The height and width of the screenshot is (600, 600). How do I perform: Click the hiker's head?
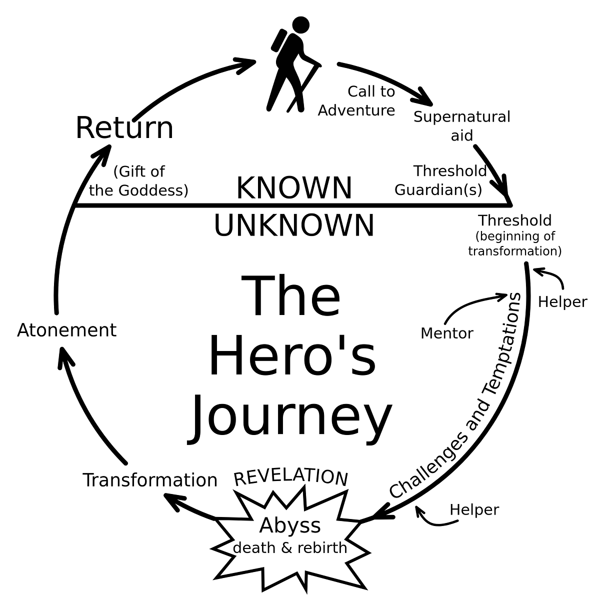(x=300, y=25)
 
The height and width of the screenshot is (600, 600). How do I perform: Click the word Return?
(x=124, y=128)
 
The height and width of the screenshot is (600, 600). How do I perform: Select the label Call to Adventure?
(x=357, y=100)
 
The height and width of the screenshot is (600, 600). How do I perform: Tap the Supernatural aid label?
(x=461, y=125)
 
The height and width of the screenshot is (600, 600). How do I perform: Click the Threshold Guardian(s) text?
(x=440, y=180)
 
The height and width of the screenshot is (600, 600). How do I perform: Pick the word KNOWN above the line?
(x=294, y=188)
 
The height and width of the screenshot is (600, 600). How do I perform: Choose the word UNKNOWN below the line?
(x=294, y=225)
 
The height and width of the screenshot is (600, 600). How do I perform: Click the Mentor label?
(x=446, y=333)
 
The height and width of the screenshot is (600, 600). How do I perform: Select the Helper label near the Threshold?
(x=562, y=302)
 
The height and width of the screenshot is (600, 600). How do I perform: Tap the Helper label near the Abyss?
(x=474, y=509)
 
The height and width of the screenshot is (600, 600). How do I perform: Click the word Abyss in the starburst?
(x=290, y=525)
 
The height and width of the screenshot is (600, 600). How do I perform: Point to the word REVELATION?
(x=290, y=476)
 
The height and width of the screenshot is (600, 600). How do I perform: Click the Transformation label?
(x=150, y=480)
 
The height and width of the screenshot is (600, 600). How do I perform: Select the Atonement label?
(x=66, y=330)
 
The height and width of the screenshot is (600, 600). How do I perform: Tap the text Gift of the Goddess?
(x=139, y=180)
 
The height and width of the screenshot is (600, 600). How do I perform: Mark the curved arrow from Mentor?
(x=470, y=303)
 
